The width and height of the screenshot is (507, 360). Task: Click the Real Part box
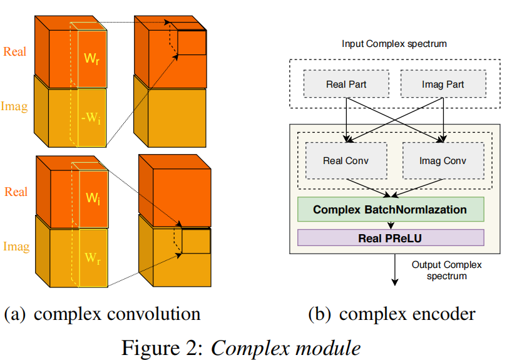(x=346, y=85)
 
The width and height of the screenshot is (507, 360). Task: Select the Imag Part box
(x=443, y=85)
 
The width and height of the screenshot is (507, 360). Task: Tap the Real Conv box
(x=346, y=161)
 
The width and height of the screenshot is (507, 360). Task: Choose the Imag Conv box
(x=443, y=161)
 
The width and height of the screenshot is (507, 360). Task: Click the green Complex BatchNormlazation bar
(x=390, y=209)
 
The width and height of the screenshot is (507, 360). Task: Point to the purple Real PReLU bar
(x=390, y=238)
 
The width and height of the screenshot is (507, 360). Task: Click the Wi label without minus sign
(x=92, y=198)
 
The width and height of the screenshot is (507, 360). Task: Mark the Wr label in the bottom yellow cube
(x=91, y=259)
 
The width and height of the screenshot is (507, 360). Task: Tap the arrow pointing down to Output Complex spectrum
(x=395, y=269)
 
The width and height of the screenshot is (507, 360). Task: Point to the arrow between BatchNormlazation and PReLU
(x=391, y=224)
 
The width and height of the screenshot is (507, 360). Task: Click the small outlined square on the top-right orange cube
(x=192, y=43)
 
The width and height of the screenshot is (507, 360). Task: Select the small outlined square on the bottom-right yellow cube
(x=196, y=242)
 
